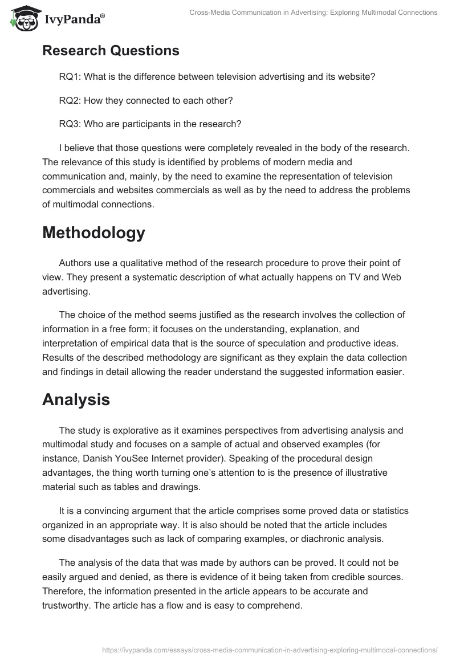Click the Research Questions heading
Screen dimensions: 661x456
111,50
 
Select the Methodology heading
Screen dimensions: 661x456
93,232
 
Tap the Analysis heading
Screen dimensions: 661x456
76,399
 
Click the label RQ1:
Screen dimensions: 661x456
70,76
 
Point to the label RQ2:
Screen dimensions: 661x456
70,100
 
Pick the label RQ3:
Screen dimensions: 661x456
70,124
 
